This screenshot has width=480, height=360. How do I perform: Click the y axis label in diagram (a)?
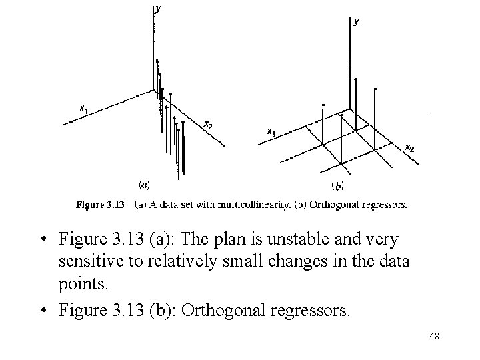[157, 9]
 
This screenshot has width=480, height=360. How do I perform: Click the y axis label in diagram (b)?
[356, 21]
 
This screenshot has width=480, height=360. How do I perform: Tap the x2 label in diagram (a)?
[208, 124]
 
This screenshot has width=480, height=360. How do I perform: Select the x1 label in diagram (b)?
[271, 132]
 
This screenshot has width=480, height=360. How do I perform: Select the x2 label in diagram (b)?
[409, 148]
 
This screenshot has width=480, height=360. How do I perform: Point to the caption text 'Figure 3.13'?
[101, 205]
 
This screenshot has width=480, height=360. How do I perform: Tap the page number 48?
[435, 337]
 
